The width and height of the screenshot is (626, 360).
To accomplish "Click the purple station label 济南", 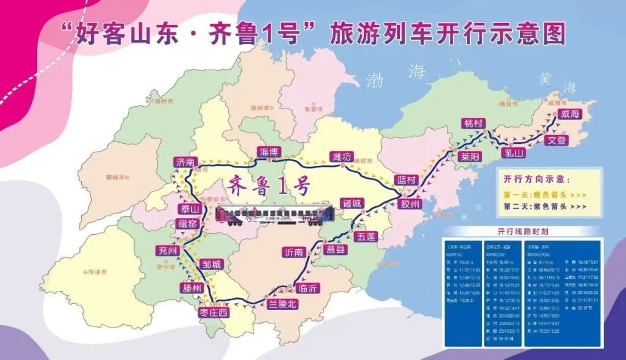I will coord(186,162).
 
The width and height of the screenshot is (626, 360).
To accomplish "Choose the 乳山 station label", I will coord(514,153).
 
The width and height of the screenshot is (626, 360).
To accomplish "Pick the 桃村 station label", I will coord(472,123).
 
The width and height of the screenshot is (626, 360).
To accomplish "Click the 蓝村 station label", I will coord(405,180).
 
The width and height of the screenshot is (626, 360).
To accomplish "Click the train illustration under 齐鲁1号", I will coord(274,214).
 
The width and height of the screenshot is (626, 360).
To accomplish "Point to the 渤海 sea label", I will coord(396,77).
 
